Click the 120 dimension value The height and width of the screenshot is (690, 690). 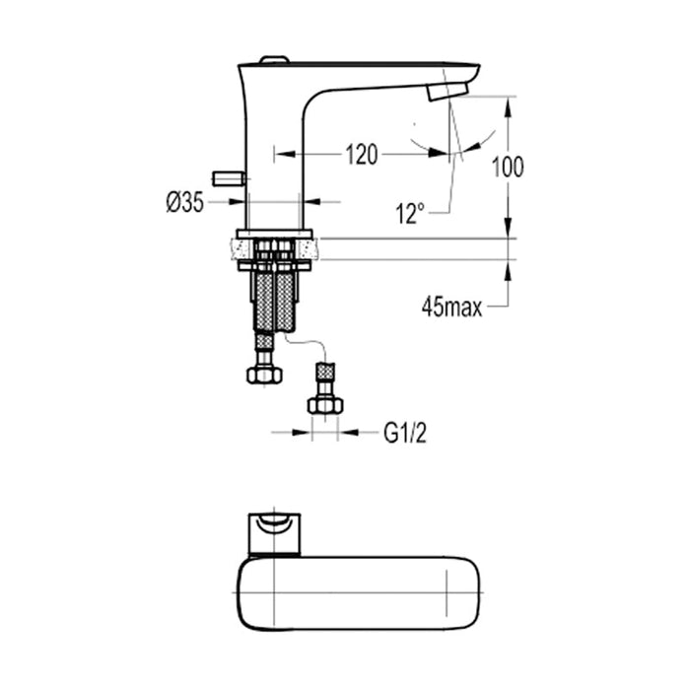(x=361, y=155)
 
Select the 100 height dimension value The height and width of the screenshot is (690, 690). (x=509, y=167)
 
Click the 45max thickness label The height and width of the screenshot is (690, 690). (x=451, y=308)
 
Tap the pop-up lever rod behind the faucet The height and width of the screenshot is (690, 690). (x=230, y=178)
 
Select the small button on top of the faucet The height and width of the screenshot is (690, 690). (x=273, y=61)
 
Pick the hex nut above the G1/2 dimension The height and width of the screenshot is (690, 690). (x=324, y=403)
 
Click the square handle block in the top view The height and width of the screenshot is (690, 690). (x=275, y=533)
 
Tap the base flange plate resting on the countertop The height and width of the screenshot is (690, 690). (x=273, y=235)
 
